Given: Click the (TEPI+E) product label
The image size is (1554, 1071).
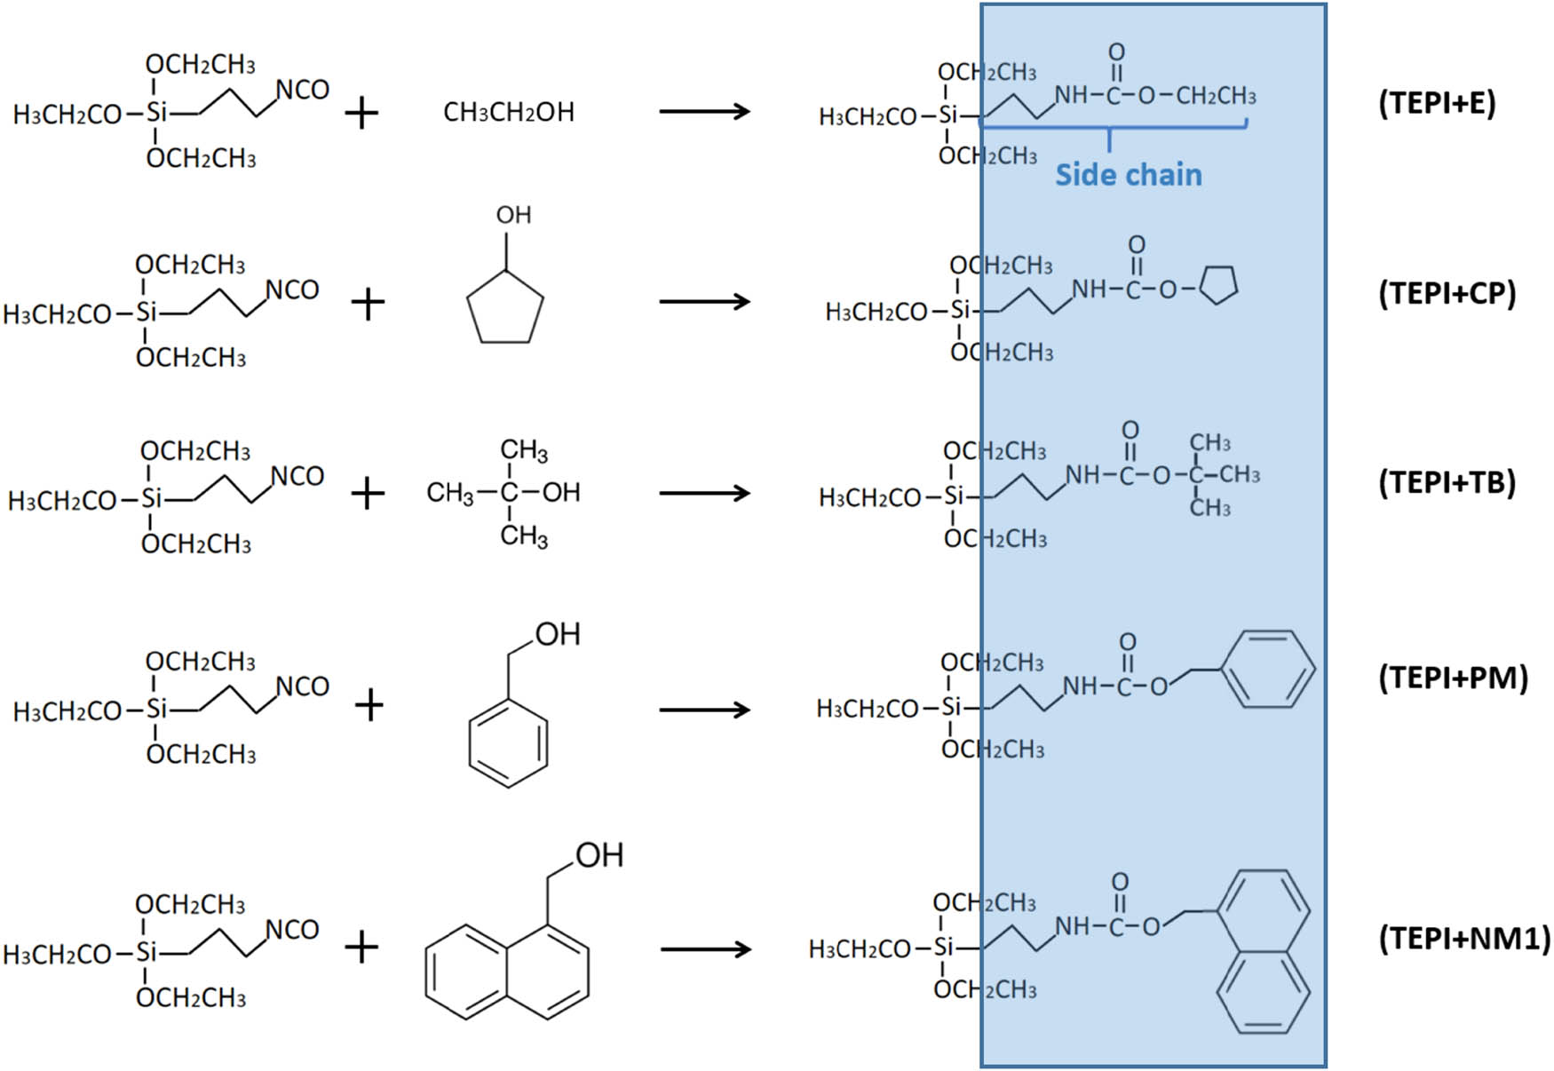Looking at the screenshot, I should pos(1437,104).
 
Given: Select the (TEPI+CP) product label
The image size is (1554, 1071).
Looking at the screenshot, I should pos(1447,294).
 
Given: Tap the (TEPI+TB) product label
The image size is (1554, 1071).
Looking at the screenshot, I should pos(1447,483).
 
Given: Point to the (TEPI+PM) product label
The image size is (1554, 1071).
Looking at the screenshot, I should pos(1453,678).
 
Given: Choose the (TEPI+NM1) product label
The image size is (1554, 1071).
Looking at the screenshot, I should pos(1463,938).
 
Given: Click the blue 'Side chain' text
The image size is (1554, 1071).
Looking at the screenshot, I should pos(1128,175).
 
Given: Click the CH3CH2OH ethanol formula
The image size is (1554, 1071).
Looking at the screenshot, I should pos(509,113).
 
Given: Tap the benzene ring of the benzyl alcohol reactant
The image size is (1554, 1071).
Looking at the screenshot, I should pos(508,743).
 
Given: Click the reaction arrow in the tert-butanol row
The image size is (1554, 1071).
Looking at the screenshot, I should pos(705,494).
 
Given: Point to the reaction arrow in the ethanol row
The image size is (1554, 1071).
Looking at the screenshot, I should pos(705,112).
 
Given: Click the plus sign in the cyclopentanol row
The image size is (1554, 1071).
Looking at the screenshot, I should pos(368,305).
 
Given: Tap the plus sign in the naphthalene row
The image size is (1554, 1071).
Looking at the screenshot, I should pos(361,948).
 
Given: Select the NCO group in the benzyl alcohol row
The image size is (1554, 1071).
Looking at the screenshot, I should pos(303,686).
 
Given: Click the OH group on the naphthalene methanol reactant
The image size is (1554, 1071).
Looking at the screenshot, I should pos(599,855).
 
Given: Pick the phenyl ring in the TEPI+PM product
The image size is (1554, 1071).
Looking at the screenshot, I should pos(1267,670).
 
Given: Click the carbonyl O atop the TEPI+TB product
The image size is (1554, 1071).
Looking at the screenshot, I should pos(1130,431).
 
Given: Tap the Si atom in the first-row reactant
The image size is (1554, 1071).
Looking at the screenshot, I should pos(156,113).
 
